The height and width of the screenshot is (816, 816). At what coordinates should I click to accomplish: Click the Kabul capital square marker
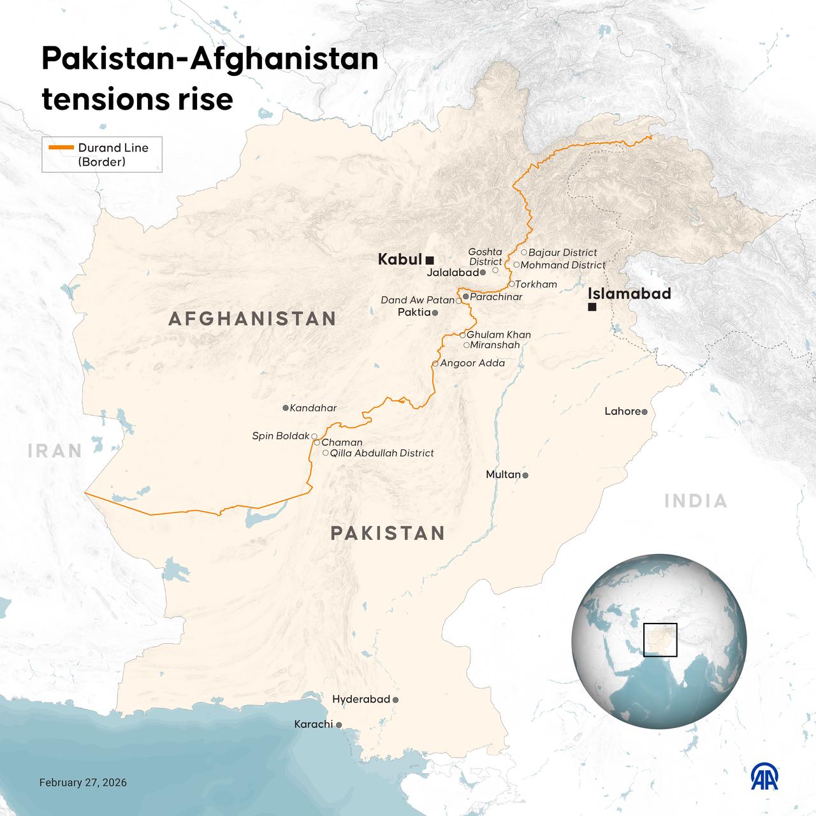pyautogui.click(x=430, y=259)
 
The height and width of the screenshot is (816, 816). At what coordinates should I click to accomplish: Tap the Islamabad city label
pyautogui.click(x=629, y=293)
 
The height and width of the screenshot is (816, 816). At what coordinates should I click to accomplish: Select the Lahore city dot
pyautogui.click(x=645, y=412)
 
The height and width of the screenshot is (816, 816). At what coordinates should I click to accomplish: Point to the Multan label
pyautogui.click(x=503, y=474)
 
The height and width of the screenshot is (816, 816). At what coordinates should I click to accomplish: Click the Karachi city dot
pyautogui.click(x=339, y=725)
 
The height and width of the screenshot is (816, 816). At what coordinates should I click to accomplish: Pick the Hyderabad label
pyautogui.click(x=361, y=699)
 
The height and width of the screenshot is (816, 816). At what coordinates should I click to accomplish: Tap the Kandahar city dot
pyautogui.click(x=285, y=407)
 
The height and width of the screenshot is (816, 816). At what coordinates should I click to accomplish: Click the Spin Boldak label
pyautogui.click(x=280, y=436)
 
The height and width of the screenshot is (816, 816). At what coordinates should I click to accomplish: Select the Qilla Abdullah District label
pyautogui.click(x=382, y=453)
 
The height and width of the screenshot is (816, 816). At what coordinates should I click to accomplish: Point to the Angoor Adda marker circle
pyautogui.click(x=435, y=363)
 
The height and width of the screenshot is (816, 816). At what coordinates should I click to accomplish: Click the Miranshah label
pyautogui.click(x=495, y=345)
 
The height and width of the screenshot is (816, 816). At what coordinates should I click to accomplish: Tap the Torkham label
pyautogui.click(x=536, y=284)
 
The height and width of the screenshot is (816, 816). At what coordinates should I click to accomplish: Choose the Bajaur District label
pyautogui.click(x=562, y=252)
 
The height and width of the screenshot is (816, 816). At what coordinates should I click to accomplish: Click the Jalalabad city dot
pyautogui.click(x=483, y=272)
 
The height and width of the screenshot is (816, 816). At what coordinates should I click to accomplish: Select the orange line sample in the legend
pyautogui.click(x=61, y=147)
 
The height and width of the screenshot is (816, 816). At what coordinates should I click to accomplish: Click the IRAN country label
pyautogui.click(x=55, y=451)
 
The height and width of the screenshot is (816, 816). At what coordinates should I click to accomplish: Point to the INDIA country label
pyautogui.click(x=696, y=501)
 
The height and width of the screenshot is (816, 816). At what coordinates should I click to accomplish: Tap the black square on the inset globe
pyautogui.click(x=660, y=640)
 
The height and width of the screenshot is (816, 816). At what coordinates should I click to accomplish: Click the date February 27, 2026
pyautogui.click(x=83, y=782)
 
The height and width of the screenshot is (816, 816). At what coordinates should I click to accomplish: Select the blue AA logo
pyautogui.click(x=764, y=776)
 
